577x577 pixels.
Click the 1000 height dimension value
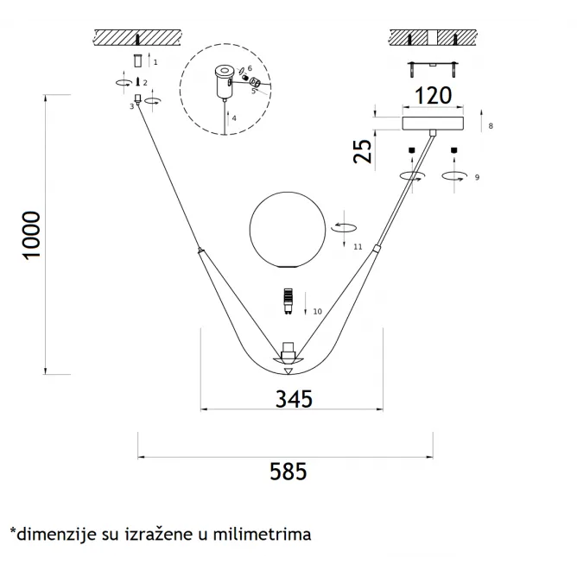[32, 236]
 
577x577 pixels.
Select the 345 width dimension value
[294, 399]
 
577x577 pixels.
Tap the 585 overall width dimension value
[288, 472]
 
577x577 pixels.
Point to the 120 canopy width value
[433, 96]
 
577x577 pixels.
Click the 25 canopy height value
[363, 151]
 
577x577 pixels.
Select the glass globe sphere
[288, 230]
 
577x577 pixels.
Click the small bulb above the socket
[288, 301]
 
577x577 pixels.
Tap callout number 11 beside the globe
[358, 247]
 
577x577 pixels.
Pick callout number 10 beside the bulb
[317, 312]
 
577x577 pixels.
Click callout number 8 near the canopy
[491, 126]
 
